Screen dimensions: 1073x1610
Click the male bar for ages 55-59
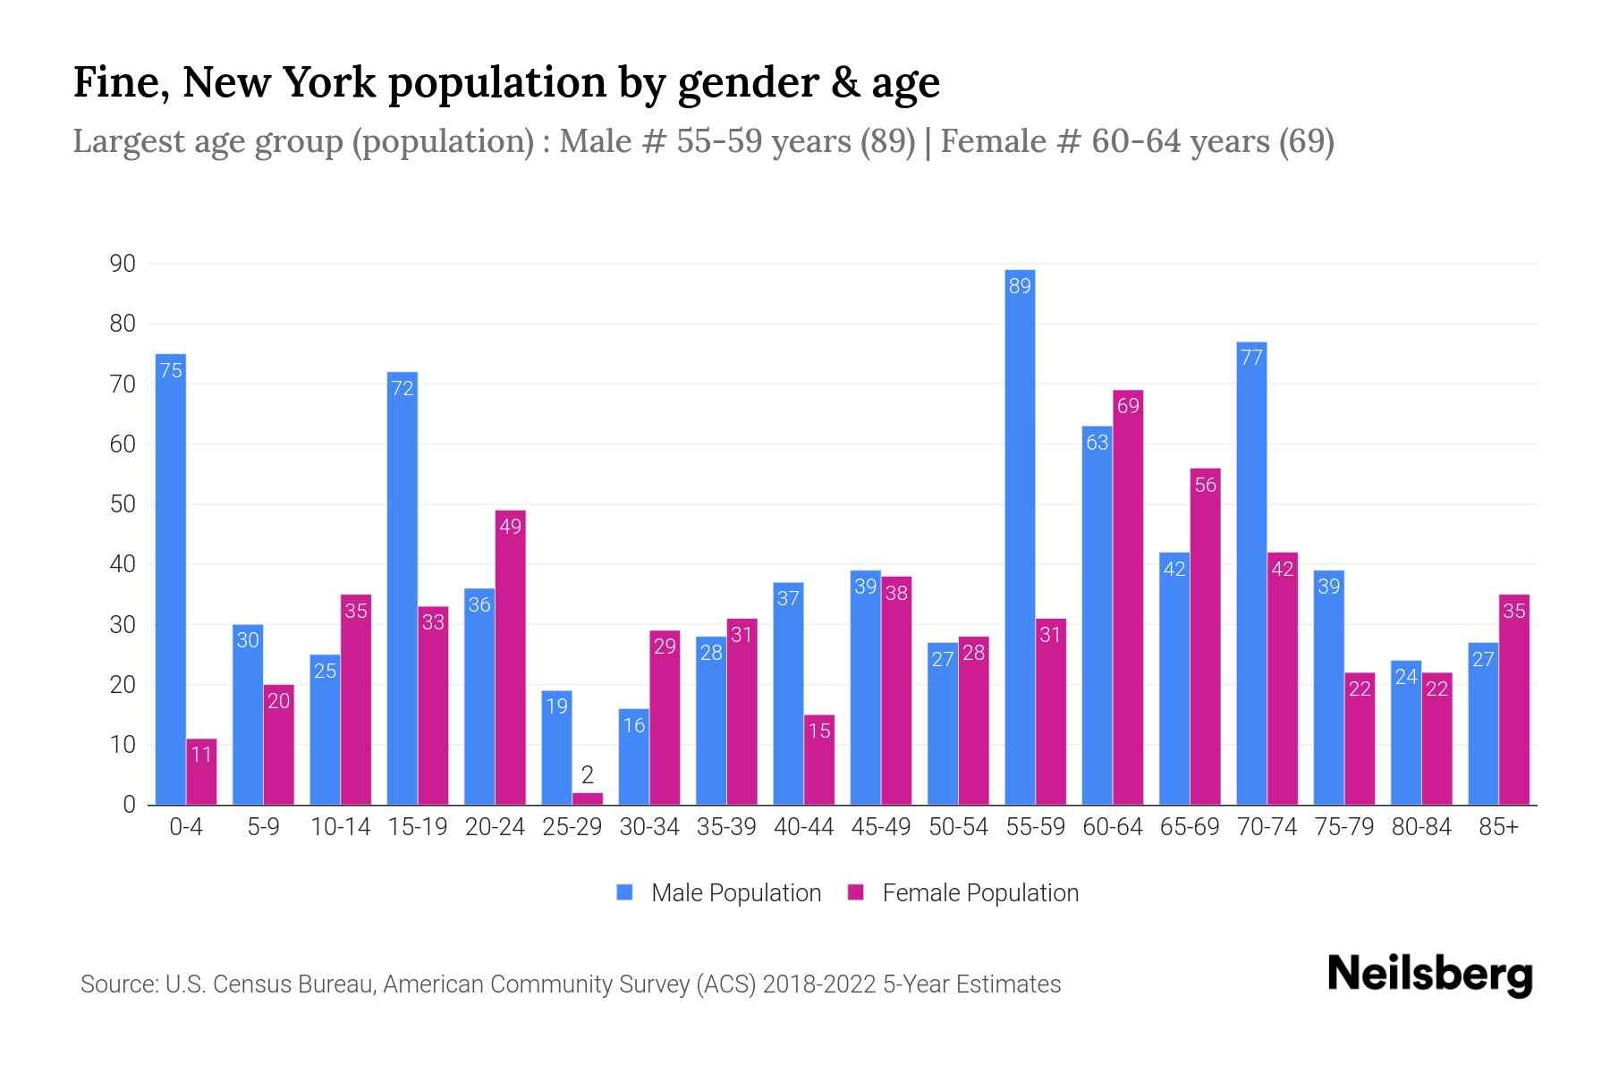pos(1020,536)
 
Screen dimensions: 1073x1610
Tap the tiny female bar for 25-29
pos(588,798)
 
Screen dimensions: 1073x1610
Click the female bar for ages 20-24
pos(510,657)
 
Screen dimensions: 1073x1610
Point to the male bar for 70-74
pos(1251,573)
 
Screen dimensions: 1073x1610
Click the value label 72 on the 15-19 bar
pos(402,388)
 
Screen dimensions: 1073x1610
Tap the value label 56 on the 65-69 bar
pos(1205,485)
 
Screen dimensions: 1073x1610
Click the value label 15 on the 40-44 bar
pos(819,731)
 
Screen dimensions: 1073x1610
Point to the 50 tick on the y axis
pos(123,504)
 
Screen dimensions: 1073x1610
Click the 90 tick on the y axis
pos(123,264)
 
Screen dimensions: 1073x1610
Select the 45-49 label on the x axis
pos(880,827)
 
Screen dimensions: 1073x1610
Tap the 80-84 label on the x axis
pos(1420,827)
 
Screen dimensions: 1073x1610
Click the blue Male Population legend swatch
pos(625,892)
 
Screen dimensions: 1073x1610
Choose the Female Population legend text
pos(979,892)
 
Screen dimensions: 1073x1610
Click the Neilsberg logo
pos(1429,974)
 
